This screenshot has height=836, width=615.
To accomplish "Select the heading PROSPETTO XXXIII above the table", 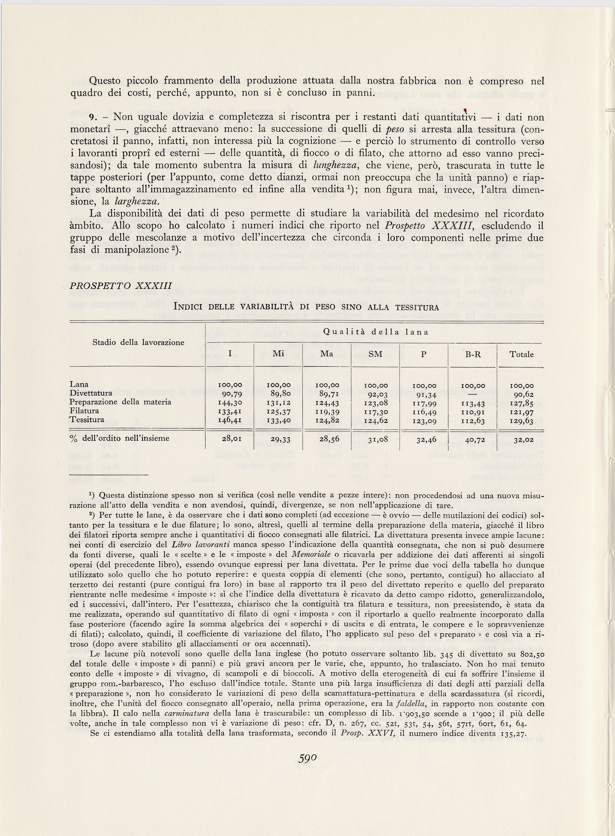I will coord(121,285).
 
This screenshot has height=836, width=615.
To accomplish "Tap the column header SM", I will coord(375,354).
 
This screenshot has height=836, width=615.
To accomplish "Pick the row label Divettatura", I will coord(91,393).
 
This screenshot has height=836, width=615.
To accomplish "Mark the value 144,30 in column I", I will coord(230,403).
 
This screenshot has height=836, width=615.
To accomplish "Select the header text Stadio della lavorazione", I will coord(138,342).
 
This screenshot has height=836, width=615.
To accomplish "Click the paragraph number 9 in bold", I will coord(93,117).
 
